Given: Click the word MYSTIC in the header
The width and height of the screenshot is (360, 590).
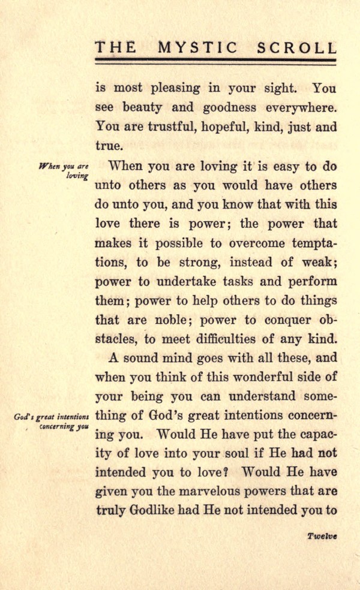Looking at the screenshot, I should [x=207, y=47].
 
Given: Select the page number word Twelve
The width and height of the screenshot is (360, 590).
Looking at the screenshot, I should [x=322, y=537].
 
